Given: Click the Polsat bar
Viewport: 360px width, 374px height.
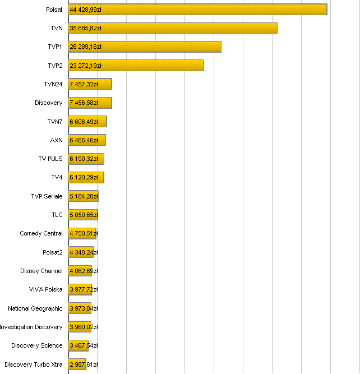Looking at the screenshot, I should pos(197,10).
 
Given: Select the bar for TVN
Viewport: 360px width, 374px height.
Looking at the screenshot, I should pos(173,28).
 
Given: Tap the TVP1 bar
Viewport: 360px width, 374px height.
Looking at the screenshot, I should pos(145,47).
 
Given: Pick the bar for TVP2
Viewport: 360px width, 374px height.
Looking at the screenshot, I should pos(136,66).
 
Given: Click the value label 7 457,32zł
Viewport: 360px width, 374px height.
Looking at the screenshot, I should pos(84,84).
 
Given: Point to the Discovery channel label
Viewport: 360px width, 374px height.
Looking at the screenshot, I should pos(48,103).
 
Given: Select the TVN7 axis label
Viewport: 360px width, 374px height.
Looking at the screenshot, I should pos(55,122).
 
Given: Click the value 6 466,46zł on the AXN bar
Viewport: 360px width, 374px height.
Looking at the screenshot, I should pos(84,140).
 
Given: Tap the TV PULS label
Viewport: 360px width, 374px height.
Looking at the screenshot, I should pos(50,159).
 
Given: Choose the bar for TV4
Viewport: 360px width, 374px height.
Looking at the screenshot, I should pos(86,178).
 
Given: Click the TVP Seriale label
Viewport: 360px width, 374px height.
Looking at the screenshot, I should pos(47,196).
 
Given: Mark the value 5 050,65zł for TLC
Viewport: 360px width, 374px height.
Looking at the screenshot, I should pos(84,215).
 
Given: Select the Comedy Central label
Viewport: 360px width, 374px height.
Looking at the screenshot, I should pos(41,233).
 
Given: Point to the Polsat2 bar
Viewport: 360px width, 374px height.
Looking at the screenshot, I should pos(81,252).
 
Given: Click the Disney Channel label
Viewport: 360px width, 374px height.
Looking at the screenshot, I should pos(41,271).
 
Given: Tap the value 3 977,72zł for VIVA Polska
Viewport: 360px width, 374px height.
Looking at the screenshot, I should pos(84,289).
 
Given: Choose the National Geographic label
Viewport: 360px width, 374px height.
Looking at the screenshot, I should pos(35,308).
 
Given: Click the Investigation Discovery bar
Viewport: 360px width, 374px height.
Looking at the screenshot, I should pos(80,327).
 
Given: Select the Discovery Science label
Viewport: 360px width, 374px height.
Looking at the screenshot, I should pos(37,345).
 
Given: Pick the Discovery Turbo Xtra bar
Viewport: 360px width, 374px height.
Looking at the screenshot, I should pos(77,364).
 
